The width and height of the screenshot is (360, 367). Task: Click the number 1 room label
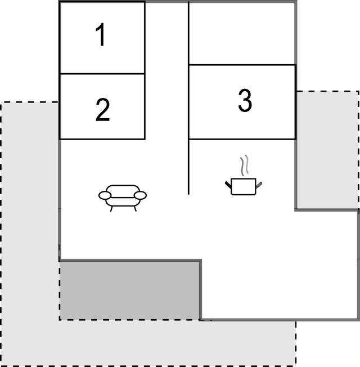(101, 35)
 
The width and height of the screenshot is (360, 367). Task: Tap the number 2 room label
(103, 110)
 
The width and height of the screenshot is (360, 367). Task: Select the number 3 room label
(245, 100)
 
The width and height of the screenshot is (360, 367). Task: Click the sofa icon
(123, 198)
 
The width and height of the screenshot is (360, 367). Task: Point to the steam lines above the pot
(244, 165)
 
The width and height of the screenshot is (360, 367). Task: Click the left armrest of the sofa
(105, 195)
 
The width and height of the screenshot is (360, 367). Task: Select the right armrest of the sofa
(141, 195)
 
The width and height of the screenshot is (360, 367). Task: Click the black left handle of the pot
(228, 185)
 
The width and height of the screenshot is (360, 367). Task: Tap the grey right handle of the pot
(259, 185)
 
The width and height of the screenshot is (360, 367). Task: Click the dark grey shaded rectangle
(129, 290)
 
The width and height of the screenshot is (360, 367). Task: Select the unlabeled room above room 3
(242, 33)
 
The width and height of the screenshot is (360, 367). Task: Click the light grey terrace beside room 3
(327, 150)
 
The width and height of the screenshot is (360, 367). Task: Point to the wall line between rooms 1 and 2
(102, 74)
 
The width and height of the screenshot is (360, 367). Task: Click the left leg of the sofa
(112, 209)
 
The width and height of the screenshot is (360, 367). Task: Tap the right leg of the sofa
(135, 209)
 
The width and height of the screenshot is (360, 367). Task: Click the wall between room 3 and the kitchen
(242, 139)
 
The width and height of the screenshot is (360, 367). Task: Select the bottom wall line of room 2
(102, 139)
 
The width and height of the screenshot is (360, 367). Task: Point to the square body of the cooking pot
(244, 186)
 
